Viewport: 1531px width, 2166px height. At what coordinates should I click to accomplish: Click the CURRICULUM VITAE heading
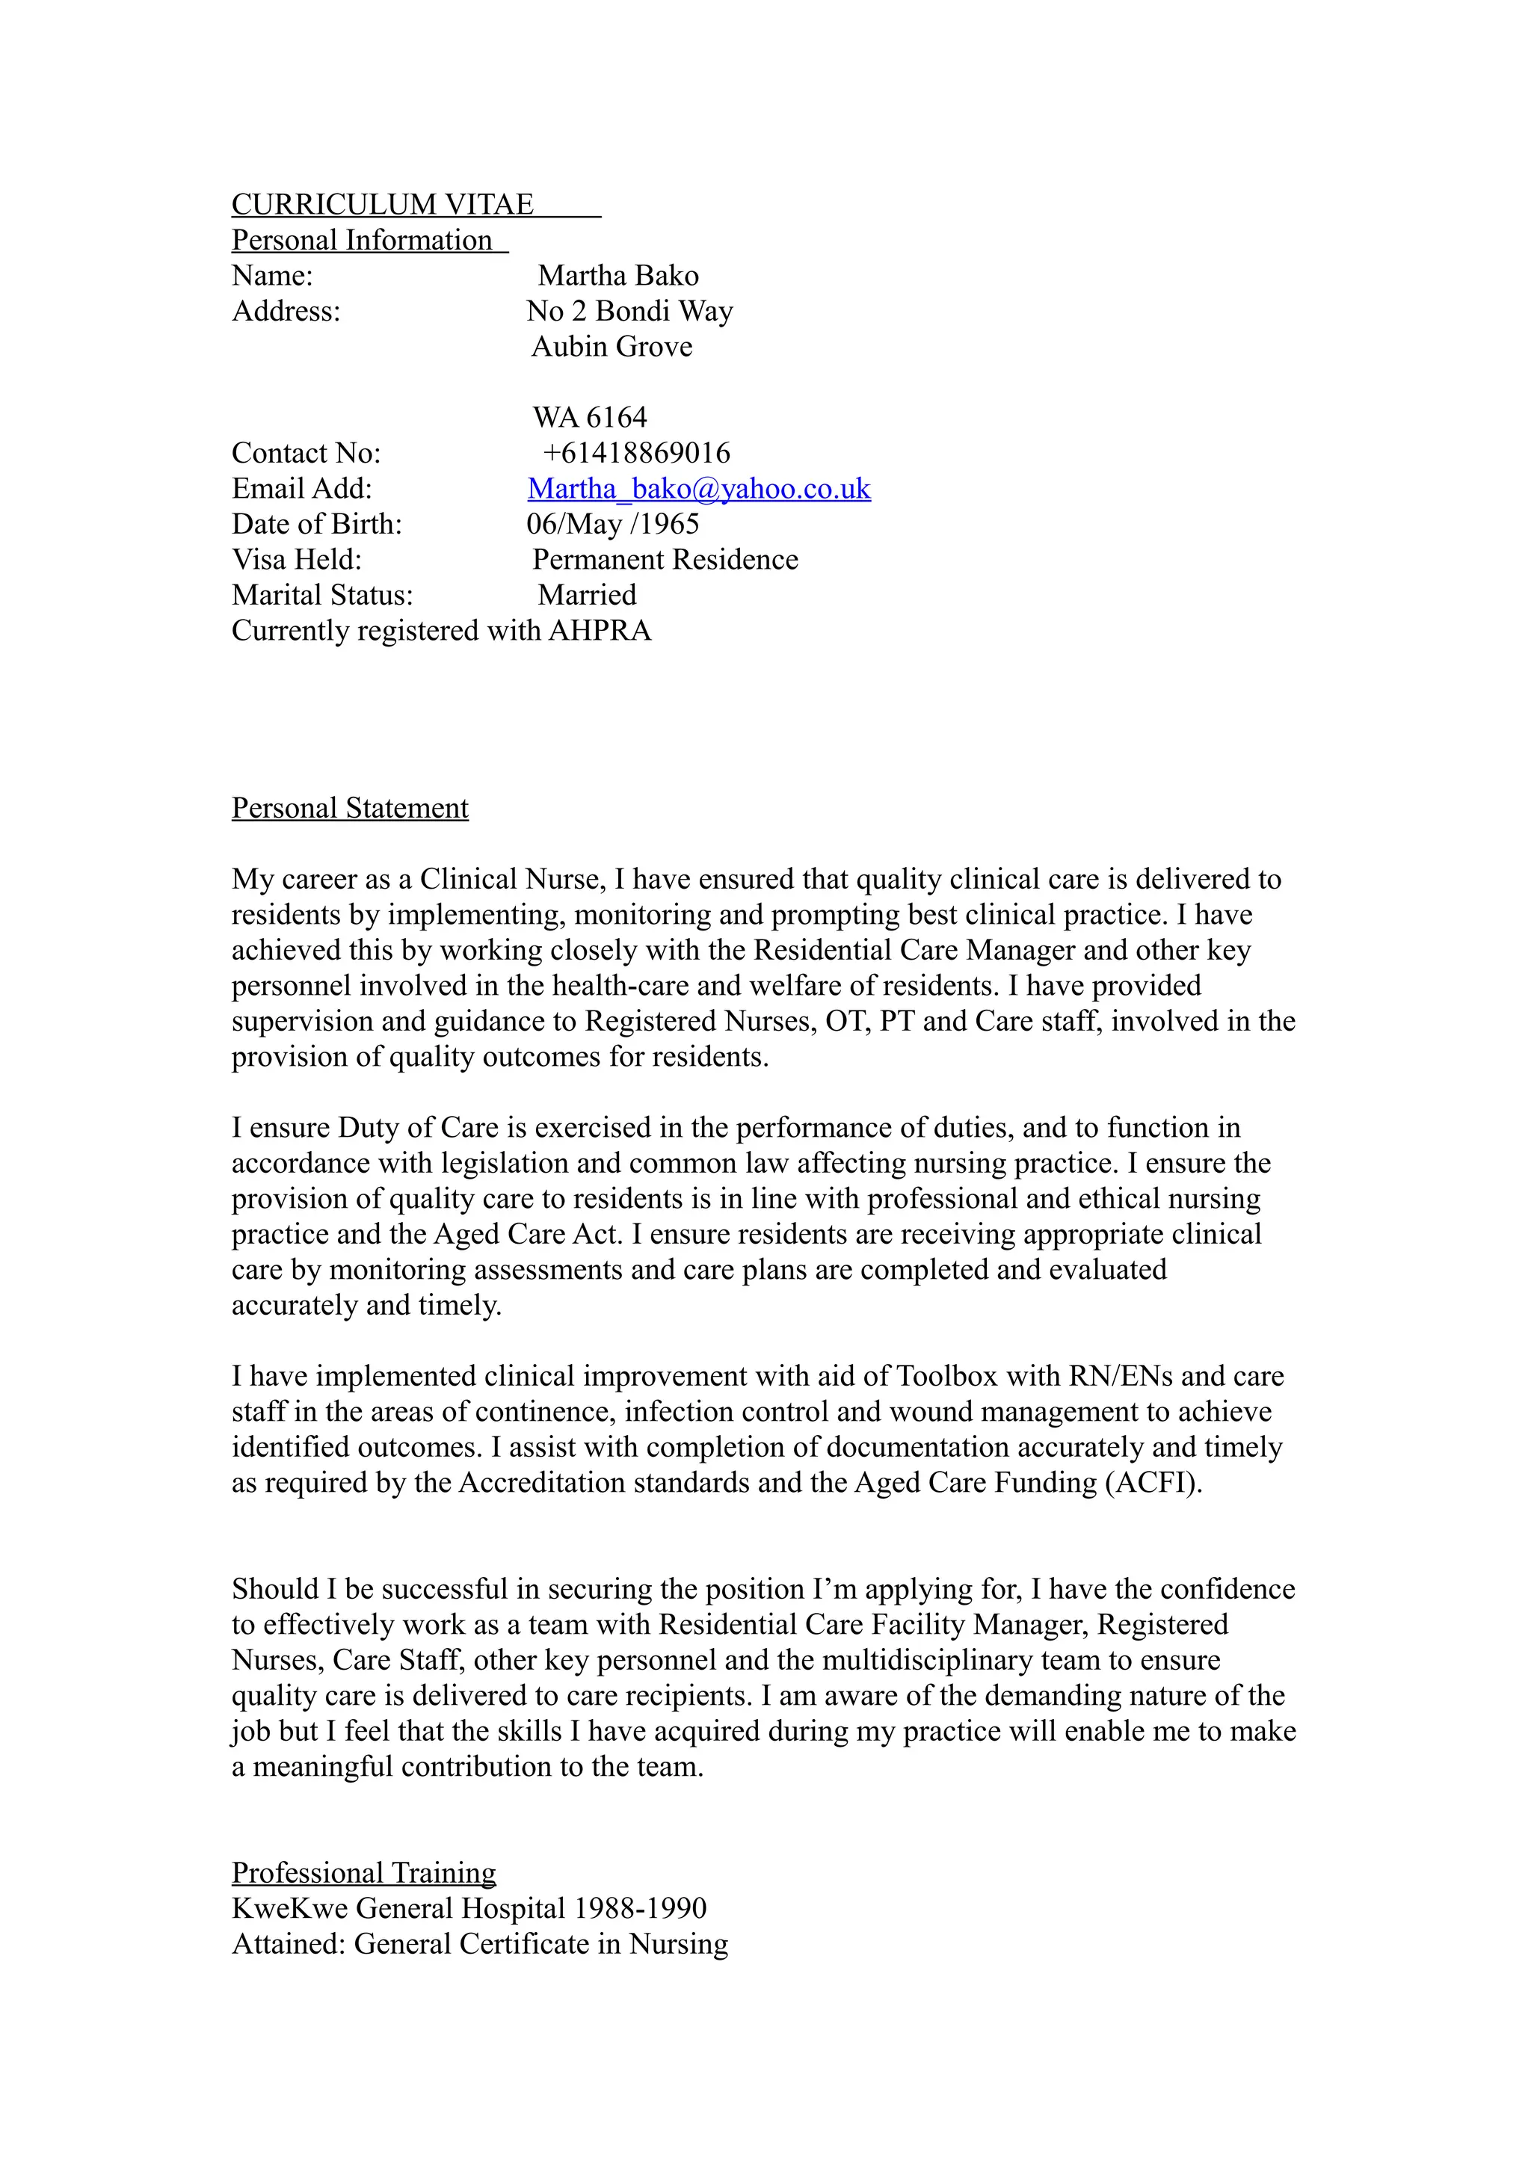(382, 205)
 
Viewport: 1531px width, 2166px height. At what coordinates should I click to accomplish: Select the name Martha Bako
(618, 277)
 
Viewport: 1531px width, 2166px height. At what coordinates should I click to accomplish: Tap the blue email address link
(698, 489)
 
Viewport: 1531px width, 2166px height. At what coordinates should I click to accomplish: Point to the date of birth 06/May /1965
(612, 525)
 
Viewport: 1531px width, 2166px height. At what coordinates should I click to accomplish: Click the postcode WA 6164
(590, 418)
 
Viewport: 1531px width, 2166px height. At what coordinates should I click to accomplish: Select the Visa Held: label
(296, 561)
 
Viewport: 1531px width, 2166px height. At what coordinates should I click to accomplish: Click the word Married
(587, 595)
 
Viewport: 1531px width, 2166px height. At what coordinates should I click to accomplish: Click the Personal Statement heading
(350, 809)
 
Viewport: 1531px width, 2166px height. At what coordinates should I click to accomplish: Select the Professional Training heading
(363, 1872)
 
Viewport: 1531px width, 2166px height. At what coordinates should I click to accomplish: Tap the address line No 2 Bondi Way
(629, 312)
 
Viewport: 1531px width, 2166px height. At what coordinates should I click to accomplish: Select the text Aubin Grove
(612, 347)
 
